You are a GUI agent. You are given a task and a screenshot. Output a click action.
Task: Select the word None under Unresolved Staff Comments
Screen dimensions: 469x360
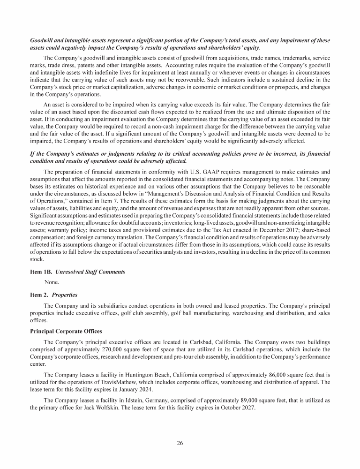point(52,282)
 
